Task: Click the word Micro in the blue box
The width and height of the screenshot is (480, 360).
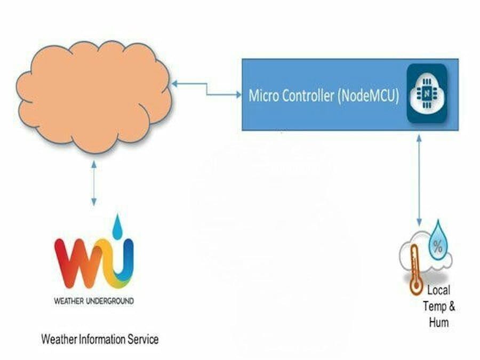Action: coord(265,97)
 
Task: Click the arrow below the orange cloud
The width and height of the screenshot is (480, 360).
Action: coord(94,184)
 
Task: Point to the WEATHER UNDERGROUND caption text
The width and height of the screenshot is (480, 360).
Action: coord(94,301)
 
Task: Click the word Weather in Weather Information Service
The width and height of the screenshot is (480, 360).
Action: coord(59,339)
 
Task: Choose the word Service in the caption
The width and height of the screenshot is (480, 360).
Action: coord(145,339)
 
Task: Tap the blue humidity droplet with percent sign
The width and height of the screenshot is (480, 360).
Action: coord(438,244)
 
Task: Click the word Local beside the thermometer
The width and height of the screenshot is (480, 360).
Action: coord(438,291)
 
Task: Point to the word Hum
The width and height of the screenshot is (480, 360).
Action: coord(438,323)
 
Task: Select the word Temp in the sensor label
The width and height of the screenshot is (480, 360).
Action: coord(433,307)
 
